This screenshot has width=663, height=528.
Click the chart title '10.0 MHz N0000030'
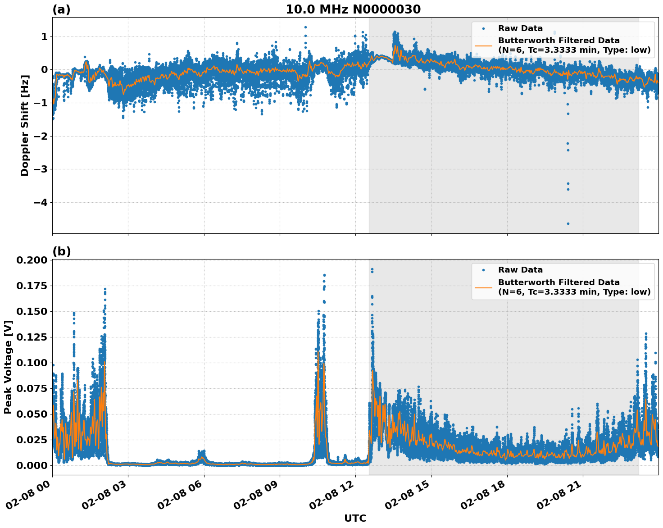point(353,9)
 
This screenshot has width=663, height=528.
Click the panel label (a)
point(62,9)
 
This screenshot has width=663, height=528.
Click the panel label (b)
point(62,251)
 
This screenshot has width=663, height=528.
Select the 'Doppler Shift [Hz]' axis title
point(25,125)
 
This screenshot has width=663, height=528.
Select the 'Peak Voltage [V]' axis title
point(8,367)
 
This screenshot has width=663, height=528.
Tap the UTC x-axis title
point(355,518)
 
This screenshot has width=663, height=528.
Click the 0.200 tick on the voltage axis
point(32,260)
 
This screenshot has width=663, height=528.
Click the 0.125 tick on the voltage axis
point(32,337)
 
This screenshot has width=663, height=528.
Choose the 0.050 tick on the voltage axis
point(32,414)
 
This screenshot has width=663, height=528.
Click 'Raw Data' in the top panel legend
point(520,28)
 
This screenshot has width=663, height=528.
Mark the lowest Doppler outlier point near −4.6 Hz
point(568,223)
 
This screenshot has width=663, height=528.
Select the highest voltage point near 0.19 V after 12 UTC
point(372,269)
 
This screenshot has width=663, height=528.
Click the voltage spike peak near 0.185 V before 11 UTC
point(324,275)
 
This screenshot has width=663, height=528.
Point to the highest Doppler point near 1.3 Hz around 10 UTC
point(305,27)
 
